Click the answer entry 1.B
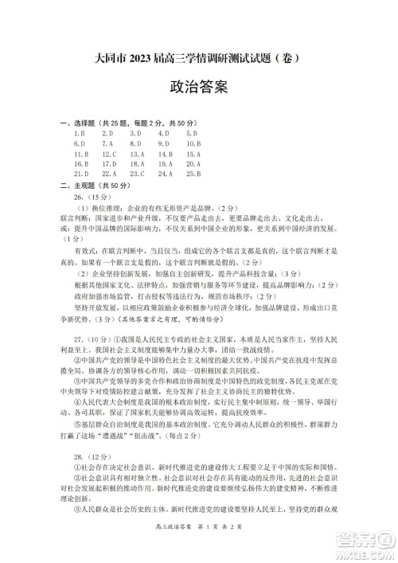tap(76, 134)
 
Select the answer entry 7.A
tap(107, 143)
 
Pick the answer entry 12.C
tap(109, 154)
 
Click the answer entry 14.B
tap(166, 154)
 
